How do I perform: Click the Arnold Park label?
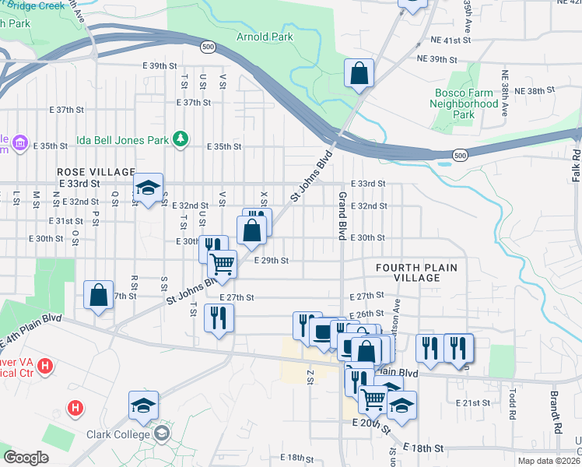point(264,37)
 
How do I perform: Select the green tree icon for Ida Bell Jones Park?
point(181,138)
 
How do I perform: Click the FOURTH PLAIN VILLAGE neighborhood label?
point(416,273)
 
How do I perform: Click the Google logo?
point(26,457)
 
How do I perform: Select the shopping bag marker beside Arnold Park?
point(359,75)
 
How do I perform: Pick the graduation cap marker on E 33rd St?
point(147,187)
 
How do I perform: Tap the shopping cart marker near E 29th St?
point(223,265)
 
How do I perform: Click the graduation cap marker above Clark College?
point(144,405)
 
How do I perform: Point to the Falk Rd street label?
point(576,166)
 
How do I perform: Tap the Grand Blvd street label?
point(341,214)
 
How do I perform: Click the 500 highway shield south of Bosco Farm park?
point(461,156)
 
